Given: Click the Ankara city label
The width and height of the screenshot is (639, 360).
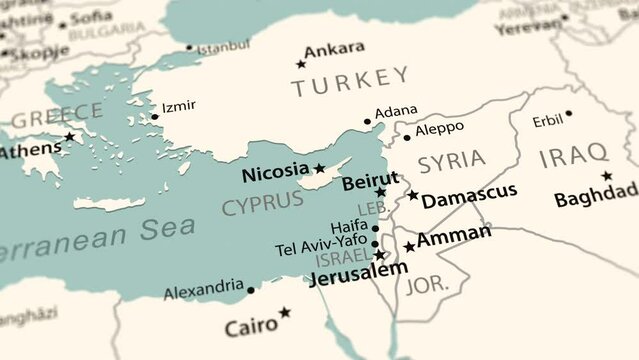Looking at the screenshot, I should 334,50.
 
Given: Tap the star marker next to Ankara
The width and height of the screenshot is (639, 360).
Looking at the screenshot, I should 300,64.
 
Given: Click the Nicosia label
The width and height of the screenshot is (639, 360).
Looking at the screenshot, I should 276,173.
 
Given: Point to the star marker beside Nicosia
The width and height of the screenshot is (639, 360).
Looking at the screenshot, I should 320,169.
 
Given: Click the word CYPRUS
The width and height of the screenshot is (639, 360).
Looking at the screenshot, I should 262,203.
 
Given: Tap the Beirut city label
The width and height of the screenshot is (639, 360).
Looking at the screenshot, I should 370,181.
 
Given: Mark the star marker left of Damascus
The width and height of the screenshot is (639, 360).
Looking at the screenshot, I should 413,195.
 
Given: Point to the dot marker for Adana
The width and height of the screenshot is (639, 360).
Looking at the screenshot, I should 367,122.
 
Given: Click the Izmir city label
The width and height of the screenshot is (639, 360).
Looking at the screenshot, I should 178,106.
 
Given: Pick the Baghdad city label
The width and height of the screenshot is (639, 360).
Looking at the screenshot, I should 596,194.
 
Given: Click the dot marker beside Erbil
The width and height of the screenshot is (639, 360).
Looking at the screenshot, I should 568,113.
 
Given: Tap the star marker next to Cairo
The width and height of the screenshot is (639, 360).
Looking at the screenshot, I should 285,312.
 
